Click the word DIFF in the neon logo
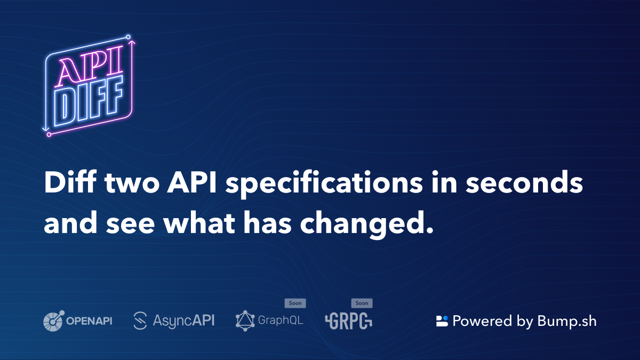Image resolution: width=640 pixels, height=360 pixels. [x=89, y=101]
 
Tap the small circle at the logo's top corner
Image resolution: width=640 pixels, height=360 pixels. [x=129, y=37]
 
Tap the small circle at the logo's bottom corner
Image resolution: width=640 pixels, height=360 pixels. [x=49, y=134]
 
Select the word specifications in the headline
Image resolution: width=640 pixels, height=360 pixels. [x=324, y=185]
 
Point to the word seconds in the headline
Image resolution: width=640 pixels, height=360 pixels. [x=524, y=182]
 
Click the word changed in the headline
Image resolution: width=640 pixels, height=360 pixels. [x=366, y=225]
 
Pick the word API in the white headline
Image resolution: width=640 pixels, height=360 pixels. [x=191, y=182]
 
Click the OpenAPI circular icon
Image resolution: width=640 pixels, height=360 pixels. [x=54, y=321]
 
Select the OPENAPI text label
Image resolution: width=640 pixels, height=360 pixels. [x=89, y=321]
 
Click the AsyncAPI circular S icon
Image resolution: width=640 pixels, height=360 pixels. [x=140, y=321]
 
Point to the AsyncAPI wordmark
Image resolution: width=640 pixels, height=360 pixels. [x=183, y=321]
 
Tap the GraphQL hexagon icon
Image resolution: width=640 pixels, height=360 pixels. [x=245, y=321]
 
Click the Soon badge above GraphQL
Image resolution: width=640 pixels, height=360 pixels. [x=295, y=303]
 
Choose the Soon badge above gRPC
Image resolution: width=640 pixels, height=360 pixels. [x=362, y=303]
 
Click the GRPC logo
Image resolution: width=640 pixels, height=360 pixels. [x=349, y=321]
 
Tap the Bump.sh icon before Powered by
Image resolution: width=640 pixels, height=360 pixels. [x=442, y=321]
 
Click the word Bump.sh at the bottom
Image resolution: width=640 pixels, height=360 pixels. [x=567, y=321]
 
